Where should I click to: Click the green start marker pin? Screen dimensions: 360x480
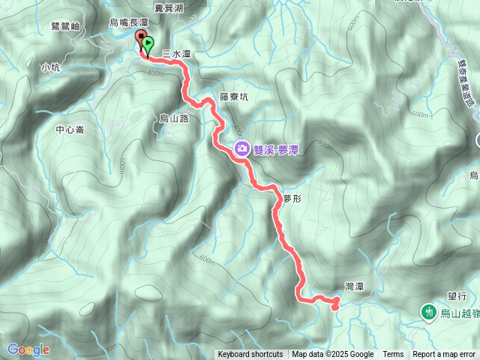point(148,46)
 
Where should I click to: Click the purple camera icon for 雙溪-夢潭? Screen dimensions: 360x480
point(242,148)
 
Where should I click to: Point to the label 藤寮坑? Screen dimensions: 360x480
point(234,97)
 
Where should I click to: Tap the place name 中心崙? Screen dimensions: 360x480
point(70,130)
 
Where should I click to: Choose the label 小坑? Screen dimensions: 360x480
point(50,67)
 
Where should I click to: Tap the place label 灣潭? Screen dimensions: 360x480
point(354,286)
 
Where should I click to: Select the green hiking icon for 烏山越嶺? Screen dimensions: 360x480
point(428,310)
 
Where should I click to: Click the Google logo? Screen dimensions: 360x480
point(28,349)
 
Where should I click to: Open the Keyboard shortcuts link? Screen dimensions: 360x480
point(251,355)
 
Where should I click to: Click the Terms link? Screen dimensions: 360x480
point(393,355)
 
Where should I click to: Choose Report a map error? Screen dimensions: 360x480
point(444,355)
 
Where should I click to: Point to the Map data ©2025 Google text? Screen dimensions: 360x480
point(332,355)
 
